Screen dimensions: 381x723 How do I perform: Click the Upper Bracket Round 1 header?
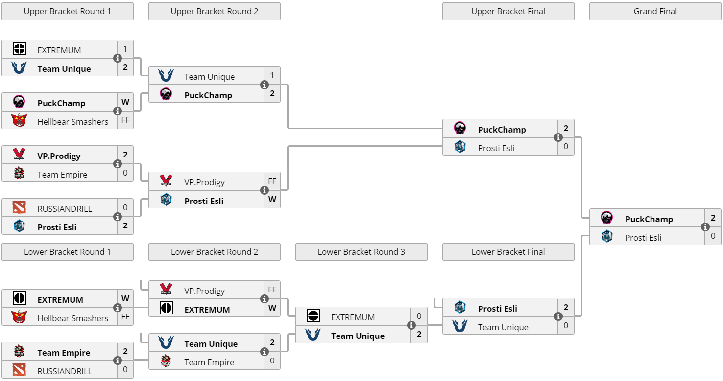click(x=68, y=11)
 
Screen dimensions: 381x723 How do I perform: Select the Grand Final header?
click(x=655, y=11)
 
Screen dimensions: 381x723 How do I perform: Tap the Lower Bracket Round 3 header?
click(x=361, y=252)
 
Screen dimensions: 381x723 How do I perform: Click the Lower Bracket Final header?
click(x=508, y=252)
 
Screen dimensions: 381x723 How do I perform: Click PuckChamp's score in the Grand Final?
click(x=713, y=218)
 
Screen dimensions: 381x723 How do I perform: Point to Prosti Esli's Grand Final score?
click(x=713, y=236)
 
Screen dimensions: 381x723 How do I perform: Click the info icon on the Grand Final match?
click(x=705, y=227)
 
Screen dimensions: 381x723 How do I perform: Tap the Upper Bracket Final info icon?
click(x=558, y=137)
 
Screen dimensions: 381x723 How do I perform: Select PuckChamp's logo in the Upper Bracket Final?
click(x=460, y=129)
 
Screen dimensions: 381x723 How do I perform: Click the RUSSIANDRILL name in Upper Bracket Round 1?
click(x=65, y=209)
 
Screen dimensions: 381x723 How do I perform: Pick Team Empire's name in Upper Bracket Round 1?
click(x=62, y=175)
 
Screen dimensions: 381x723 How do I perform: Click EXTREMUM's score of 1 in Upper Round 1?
click(x=125, y=49)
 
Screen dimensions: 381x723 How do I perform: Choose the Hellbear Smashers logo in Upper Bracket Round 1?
click(x=19, y=121)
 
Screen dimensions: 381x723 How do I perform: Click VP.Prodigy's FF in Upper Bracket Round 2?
click(x=272, y=181)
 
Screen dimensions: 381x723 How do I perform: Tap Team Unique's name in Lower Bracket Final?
click(x=503, y=327)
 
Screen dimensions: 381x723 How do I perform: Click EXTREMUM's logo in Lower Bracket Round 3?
click(x=313, y=316)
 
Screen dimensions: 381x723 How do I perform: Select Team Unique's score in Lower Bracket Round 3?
click(x=419, y=335)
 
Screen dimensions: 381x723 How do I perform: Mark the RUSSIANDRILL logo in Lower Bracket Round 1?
click(x=19, y=370)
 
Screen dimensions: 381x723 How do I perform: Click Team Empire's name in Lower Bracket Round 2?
click(x=209, y=362)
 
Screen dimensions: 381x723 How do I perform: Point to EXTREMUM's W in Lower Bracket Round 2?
click(x=272, y=308)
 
